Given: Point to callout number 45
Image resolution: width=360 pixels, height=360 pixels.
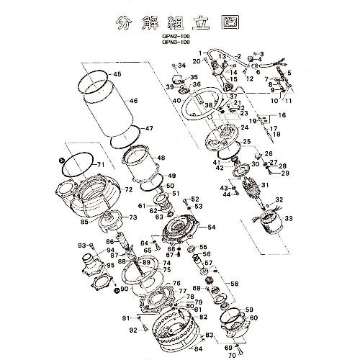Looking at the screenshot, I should (117, 74).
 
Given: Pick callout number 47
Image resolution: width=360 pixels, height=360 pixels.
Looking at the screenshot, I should (149, 129).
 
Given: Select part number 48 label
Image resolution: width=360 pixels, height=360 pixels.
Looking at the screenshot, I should (160, 158).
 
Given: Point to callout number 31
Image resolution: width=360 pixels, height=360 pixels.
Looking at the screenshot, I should (266, 185).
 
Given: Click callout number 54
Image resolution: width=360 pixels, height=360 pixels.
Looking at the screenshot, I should (211, 227).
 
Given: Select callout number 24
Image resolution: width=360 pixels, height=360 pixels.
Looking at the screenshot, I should (245, 127).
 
